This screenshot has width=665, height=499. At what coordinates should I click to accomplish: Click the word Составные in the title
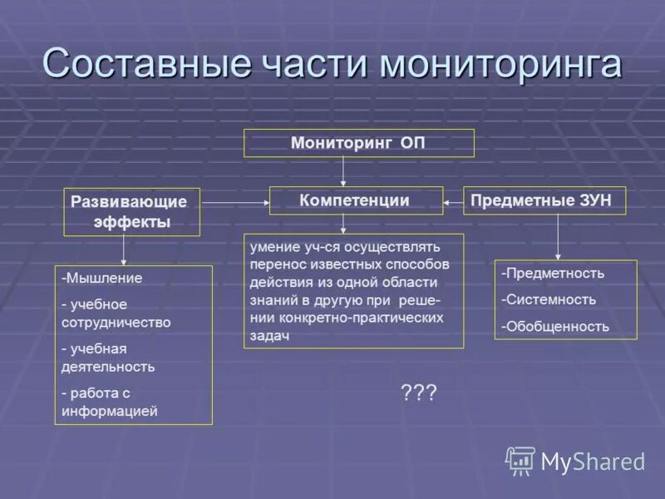point(145,64)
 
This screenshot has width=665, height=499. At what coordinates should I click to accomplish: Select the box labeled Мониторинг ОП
point(358,143)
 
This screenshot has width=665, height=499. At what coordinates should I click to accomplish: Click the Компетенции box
point(355,200)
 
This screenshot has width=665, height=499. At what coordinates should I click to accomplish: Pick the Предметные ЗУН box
point(544,200)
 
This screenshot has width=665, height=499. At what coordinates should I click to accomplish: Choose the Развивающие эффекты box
point(131,211)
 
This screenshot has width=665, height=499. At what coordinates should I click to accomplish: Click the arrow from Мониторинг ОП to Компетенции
point(343,171)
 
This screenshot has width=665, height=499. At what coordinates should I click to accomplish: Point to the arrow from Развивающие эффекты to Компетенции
point(234,202)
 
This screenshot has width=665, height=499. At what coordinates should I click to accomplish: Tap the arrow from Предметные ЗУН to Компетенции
point(453,201)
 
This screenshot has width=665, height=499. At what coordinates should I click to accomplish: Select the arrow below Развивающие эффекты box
point(124,249)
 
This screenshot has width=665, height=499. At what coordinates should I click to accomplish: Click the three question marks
point(418,393)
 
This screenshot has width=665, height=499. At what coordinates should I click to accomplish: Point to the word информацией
point(110,410)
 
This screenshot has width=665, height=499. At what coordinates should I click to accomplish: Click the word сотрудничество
point(116,322)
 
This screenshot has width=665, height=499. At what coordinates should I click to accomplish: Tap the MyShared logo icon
point(520,461)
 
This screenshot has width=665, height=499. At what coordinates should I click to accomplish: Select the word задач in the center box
point(270,334)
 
